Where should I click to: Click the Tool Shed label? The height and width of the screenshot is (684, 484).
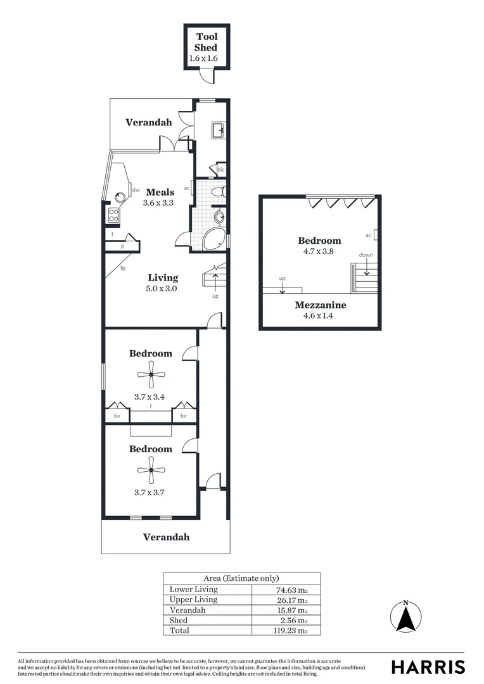pyautogui.click(x=207, y=42)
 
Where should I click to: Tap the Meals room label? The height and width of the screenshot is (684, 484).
pyautogui.click(x=160, y=192)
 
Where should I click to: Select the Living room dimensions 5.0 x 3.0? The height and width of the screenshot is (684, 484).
pyautogui.click(x=163, y=288)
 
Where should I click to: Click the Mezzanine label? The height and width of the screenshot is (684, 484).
pyautogui.click(x=321, y=305)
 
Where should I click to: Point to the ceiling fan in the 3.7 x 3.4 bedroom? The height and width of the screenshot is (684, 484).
pyautogui.click(x=151, y=374)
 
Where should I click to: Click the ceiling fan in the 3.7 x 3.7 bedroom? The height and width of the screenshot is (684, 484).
pyautogui.click(x=151, y=469)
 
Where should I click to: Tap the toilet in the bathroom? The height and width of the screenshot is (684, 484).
pyautogui.click(x=217, y=191)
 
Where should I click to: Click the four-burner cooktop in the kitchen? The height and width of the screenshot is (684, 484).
pyautogui.click(x=113, y=215)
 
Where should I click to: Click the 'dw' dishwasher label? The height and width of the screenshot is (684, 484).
pyautogui.click(x=136, y=189)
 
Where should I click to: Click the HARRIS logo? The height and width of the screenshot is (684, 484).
pyautogui.click(x=428, y=667)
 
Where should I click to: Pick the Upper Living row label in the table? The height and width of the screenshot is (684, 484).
pyautogui.click(x=193, y=599)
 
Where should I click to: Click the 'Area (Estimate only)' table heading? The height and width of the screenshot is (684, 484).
pyautogui.click(x=241, y=578)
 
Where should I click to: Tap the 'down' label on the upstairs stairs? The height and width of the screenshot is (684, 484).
pyautogui.click(x=366, y=255)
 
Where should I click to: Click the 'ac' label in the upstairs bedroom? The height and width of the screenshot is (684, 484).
pyautogui.click(x=368, y=235)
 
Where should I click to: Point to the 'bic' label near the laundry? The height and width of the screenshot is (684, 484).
pyautogui.click(x=220, y=170)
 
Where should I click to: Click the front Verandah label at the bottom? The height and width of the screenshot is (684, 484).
pyautogui.click(x=166, y=537)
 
